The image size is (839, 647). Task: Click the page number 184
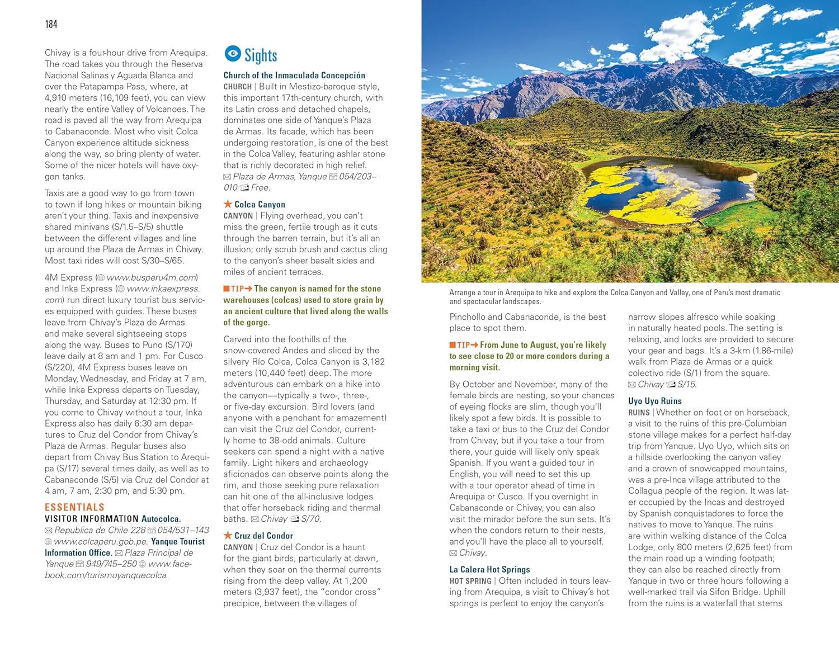(51, 24)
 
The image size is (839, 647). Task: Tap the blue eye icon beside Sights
(233, 54)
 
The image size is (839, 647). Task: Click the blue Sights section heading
(261, 55)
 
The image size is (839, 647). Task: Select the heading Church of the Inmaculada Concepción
(294, 75)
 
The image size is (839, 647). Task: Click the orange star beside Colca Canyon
(228, 204)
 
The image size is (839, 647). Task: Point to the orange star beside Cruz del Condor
(228, 535)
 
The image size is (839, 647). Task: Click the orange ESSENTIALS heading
(74, 507)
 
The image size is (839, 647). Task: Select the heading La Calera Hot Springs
(489, 569)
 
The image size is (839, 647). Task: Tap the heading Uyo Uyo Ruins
(654, 401)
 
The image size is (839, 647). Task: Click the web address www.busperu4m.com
(151, 277)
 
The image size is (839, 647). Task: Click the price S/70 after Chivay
(310, 519)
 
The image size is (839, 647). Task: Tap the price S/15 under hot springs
(686, 384)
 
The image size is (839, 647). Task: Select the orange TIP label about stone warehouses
(237, 289)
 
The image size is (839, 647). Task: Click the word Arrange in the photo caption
(462, 292)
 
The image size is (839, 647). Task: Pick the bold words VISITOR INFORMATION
(92, 519)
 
